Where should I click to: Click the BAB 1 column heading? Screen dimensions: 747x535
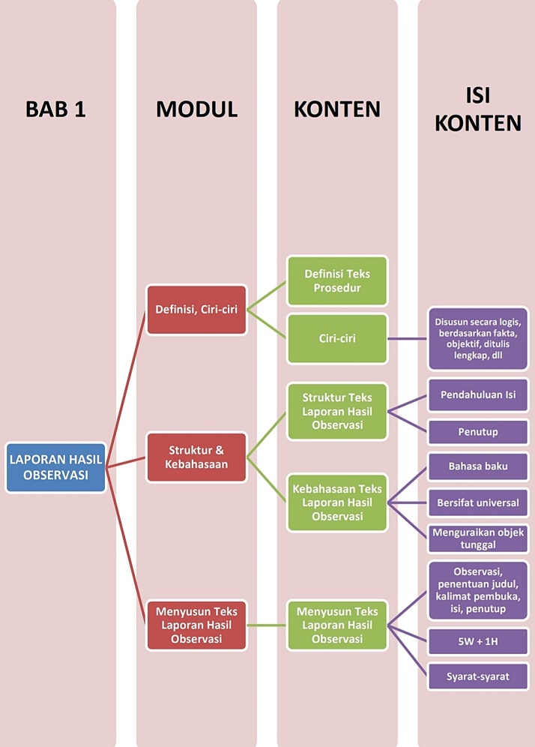(56, 109)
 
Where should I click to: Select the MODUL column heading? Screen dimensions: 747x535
(197, 109)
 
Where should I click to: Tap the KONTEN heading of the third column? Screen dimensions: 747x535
(337, 109)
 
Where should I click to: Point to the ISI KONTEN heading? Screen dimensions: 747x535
(477, 109)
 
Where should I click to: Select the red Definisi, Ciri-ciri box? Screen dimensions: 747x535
(196, 309)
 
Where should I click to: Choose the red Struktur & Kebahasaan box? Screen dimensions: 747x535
(196, 457)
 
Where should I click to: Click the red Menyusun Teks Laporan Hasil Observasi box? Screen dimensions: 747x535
(196, 625)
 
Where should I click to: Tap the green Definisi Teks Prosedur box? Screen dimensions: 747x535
(337, 280)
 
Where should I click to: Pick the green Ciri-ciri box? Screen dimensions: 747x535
(337, 338)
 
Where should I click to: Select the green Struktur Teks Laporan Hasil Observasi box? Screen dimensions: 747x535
(337, 412)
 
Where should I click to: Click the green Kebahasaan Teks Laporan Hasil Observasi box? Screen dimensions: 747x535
(337, 502)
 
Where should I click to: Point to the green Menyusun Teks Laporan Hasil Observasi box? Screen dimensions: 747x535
(337, 625)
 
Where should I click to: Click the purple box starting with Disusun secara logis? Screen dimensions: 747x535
(477, 338)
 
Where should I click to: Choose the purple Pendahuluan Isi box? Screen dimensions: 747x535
(477, 394)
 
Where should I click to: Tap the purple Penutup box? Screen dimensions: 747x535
(477, 432)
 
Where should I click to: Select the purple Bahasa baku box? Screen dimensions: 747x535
(477, 466)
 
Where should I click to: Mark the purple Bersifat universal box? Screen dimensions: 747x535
(477, 502)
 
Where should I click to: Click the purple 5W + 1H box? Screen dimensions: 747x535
(477, 641)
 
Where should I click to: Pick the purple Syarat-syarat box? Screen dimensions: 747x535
(477, 676)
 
